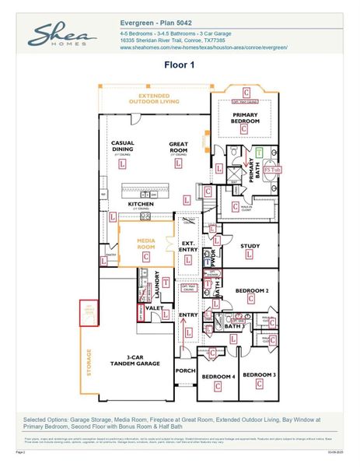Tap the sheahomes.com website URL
point(204,47)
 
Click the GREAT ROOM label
point(180,147)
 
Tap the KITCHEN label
point(140,205)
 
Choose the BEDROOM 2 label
point(252,290)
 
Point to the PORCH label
point(185,370)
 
